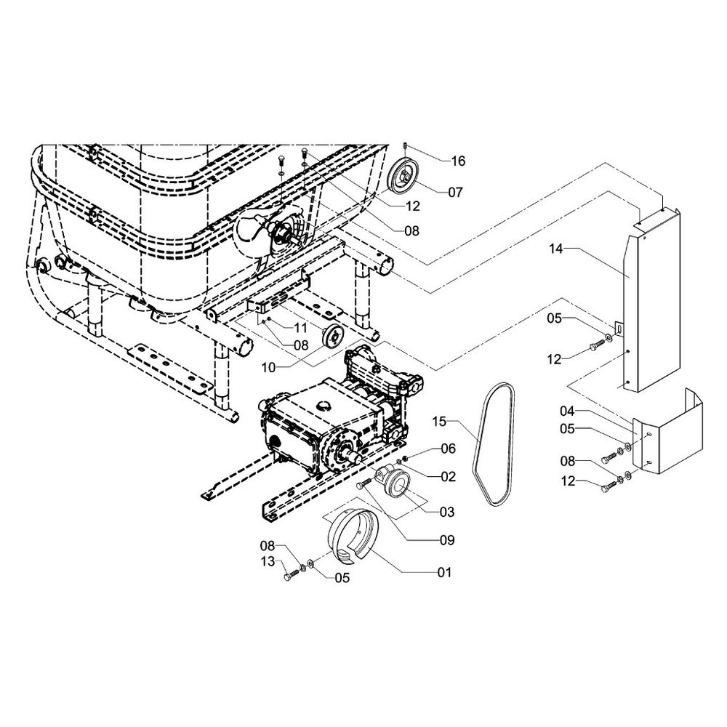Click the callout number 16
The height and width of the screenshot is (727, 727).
458,161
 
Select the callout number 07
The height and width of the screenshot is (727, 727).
455,193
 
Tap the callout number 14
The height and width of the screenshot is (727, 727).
556,249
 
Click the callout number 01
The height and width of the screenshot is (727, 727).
443,572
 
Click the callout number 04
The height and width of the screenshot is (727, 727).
567,412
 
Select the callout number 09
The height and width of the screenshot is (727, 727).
445,540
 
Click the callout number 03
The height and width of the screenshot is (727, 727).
446,513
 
